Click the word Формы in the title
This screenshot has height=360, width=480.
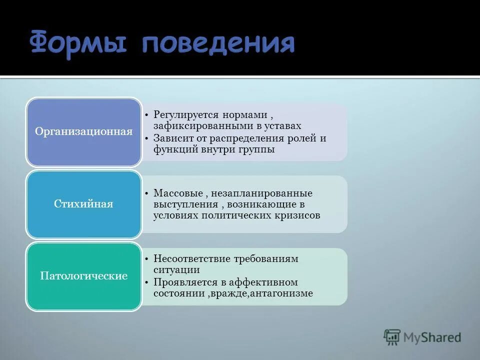(x=80, y=43)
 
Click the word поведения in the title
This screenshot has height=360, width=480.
(x=218, y=43)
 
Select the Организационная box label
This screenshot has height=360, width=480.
(x=83, y=132)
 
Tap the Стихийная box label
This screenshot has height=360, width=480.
(x=83, y=204)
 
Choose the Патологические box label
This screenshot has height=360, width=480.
(x=83, y=276)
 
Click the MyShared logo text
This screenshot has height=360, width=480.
(x=432, y=337)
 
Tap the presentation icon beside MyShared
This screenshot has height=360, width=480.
(x=392, y=337)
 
